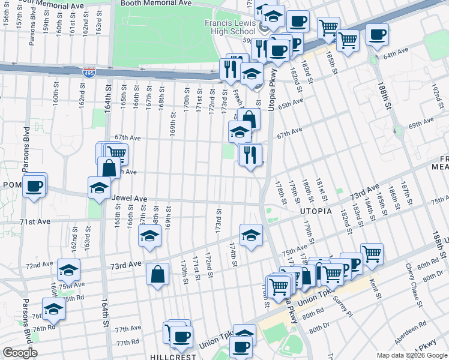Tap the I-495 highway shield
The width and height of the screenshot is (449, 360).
click(89, 73)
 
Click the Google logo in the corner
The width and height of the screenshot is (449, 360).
click(20, 353)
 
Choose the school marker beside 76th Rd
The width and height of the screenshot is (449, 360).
click(53, 308)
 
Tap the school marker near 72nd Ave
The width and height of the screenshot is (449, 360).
click(69, 269)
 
